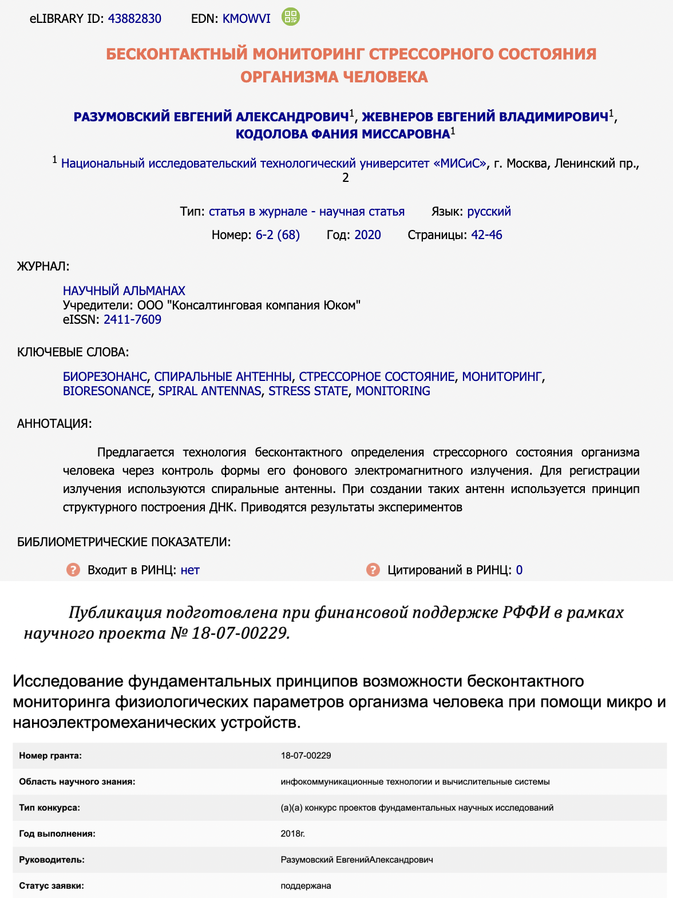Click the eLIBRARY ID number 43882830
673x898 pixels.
click(134, 18)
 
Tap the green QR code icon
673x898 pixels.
click(291, 17)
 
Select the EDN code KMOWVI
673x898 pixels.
click(246, 18)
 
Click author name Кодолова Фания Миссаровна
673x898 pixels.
click(343, 134)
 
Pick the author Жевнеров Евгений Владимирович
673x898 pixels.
click(485, 117)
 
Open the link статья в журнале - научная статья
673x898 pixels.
click(306, 212)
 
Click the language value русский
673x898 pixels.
click(489, 212)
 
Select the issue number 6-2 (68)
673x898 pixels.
click(278, 235)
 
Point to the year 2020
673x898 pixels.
click(367, 235)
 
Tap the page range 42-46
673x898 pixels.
click(486, 235)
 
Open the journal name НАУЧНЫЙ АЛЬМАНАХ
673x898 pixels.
click(124, 291)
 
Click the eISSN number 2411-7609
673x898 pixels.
click(132, 319)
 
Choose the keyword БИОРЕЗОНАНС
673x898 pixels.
click(105, 376)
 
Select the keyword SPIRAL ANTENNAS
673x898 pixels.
click(209, 391)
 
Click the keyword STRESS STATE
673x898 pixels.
click(308, 391)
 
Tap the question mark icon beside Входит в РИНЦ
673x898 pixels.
click(73, 570)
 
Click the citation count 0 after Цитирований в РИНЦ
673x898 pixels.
click(519, 570)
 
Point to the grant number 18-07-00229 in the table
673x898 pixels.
click(306, 756)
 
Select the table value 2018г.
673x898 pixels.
click(292, 833)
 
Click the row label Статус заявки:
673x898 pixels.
click(52, 885)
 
